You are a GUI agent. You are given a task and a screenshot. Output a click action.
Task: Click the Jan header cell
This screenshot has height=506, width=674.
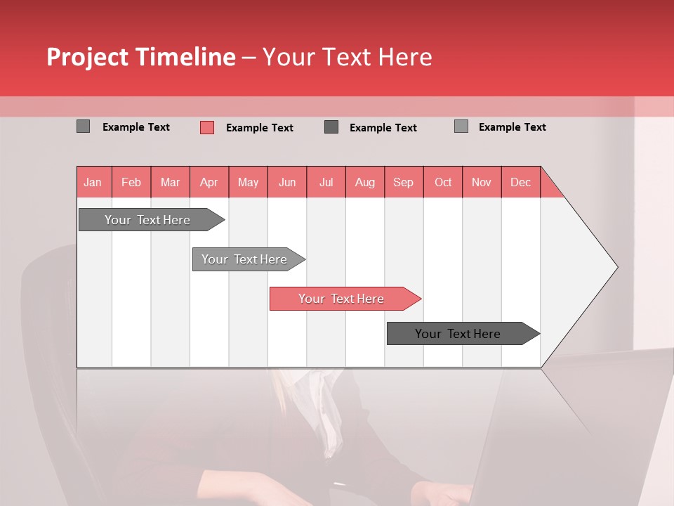(x=93, y=182)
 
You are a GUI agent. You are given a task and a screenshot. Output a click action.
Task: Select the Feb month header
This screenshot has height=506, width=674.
(x=131, y=182)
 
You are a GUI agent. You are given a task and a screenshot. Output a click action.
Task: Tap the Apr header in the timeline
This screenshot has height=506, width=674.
(x=209, y=182)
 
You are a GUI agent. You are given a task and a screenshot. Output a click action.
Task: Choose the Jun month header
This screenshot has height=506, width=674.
(x=287, y=182)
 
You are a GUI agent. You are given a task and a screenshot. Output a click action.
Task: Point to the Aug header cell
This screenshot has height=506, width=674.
(x=365, y=182)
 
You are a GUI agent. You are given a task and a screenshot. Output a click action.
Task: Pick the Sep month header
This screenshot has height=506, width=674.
(x=404, y=182)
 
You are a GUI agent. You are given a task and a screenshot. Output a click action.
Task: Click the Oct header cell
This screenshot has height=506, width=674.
(x=443, y=182)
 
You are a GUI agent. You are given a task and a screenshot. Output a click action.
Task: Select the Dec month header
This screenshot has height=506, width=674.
(x=521, y=182)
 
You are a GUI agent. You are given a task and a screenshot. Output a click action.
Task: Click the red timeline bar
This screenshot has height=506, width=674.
(x=341, y=299)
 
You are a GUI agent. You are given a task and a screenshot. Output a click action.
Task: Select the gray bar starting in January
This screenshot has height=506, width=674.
(x=147, y=220)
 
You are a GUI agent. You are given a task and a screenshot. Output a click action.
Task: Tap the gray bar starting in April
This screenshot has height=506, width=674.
(x=244, y=259)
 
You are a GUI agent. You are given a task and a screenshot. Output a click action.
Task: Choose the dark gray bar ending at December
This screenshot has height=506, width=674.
(x=458, y=334)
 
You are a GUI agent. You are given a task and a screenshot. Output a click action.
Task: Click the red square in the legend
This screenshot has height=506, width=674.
(x=207, y=127)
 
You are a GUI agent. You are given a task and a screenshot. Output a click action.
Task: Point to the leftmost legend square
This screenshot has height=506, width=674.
(x=84, y=126)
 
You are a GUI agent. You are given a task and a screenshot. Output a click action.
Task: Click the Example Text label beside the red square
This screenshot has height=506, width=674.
(x=260, y=128)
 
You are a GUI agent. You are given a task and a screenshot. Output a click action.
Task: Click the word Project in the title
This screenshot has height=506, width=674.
(x=88, y=57)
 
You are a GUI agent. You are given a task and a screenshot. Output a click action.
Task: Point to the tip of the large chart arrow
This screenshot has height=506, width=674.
(x=616, y=267)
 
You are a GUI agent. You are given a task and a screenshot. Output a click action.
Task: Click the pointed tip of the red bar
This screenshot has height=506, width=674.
(x=418, y=299)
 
